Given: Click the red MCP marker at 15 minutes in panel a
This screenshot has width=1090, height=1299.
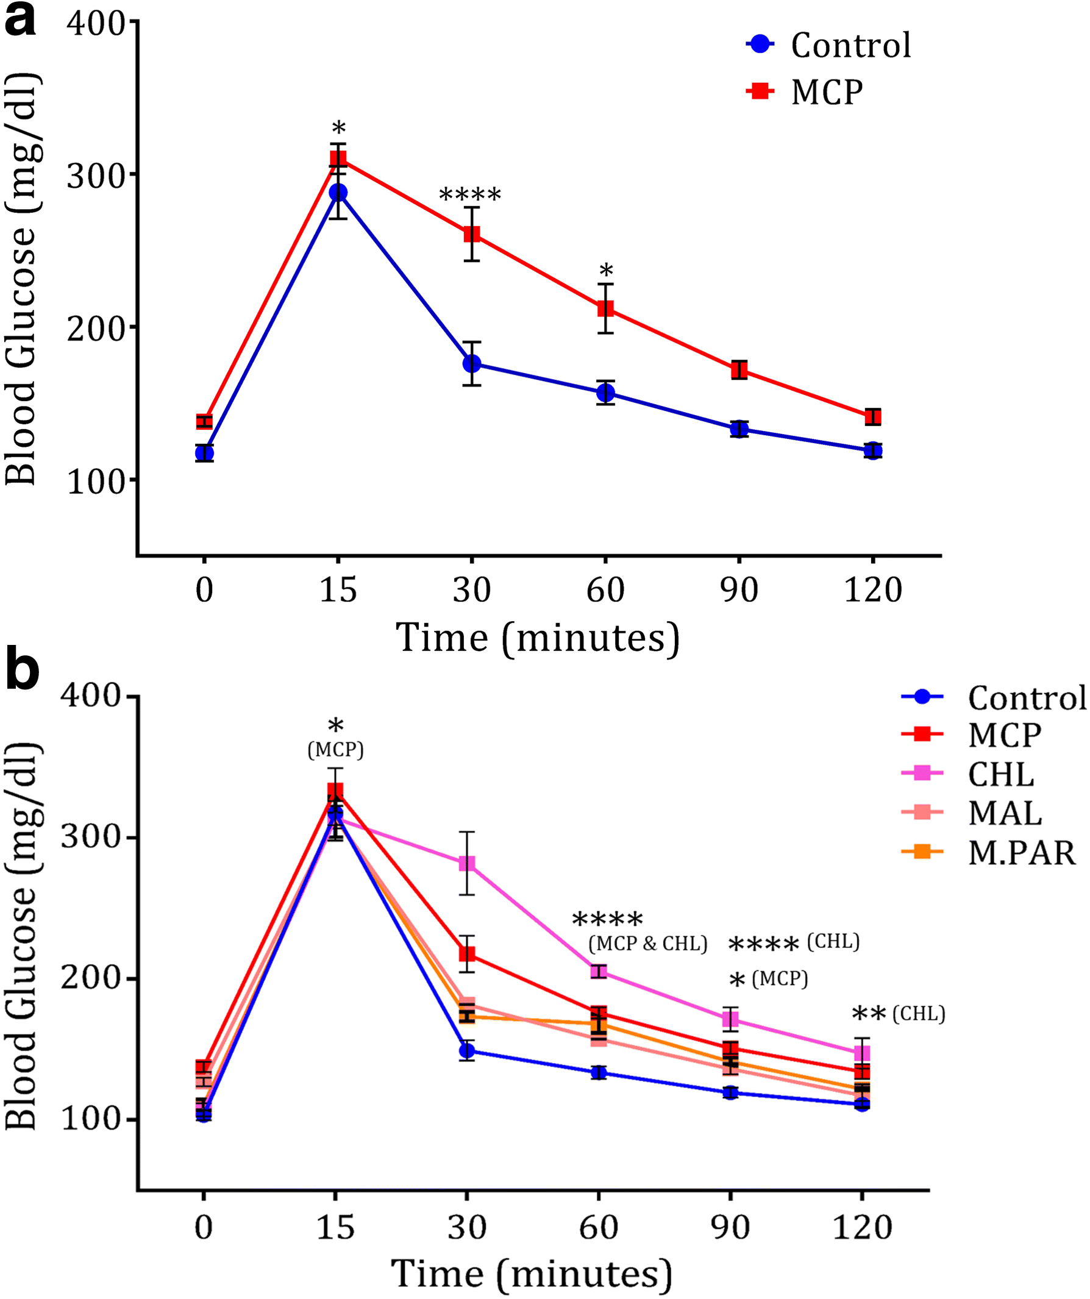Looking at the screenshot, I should pyautogui.click(x=338, y=158).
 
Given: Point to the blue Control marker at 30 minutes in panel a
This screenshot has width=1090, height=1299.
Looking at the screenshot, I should pyautogui.click(x=472, y=364).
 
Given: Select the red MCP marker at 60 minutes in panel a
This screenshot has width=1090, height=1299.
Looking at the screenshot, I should pyautogui.click(x=605, y=308).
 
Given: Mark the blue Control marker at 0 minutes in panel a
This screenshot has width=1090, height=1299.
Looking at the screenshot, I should pyautogui.click(x=204, y=454).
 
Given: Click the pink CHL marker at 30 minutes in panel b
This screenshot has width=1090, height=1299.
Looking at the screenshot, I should pyautogui.click(x=467, y=863).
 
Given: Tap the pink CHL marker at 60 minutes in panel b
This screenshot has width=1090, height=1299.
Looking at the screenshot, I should pyautogui.click(x=599, y=971).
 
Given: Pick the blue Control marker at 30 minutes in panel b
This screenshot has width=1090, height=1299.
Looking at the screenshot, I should pyautogui.click(x=467, y=1050).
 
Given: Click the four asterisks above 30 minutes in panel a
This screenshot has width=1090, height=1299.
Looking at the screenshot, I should pyautogui.click(x=470, y=196).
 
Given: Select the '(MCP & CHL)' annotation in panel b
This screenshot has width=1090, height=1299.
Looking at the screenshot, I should pyautogui.click(x=647, y=944).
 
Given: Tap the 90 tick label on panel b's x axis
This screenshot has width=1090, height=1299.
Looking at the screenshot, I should pyautogui.click(x=730, y=1227).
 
